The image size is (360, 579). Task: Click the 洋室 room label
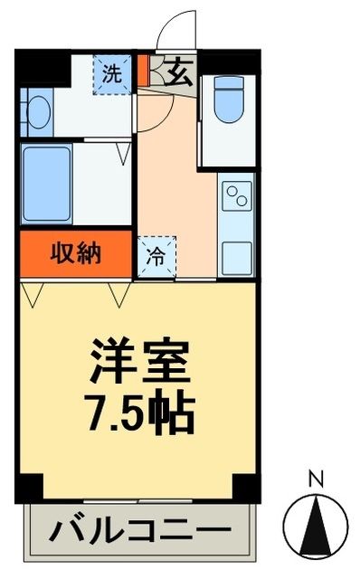point(138,363)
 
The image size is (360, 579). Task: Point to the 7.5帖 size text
point(138,412)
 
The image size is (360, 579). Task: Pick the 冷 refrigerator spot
point(156,255)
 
